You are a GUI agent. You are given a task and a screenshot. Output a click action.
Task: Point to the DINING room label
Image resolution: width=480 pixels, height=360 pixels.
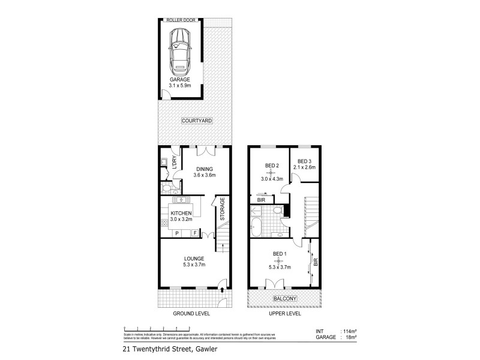point(204,169)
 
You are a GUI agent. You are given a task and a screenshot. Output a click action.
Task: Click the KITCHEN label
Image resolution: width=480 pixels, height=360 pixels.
point(181,213)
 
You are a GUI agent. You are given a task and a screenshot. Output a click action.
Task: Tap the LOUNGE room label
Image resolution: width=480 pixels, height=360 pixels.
point(194,259)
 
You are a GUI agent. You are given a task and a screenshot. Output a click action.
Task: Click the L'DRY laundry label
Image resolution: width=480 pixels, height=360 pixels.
point(174,163)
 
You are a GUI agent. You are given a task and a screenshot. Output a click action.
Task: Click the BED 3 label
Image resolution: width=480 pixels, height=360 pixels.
point(305,161)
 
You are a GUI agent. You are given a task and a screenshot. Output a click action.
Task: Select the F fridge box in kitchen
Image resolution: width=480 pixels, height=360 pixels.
point(194,232)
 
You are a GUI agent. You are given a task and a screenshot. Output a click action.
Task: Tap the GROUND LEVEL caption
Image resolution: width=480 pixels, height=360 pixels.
point(190,314)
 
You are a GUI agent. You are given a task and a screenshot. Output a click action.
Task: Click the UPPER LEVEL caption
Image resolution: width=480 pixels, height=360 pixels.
point(285,314)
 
